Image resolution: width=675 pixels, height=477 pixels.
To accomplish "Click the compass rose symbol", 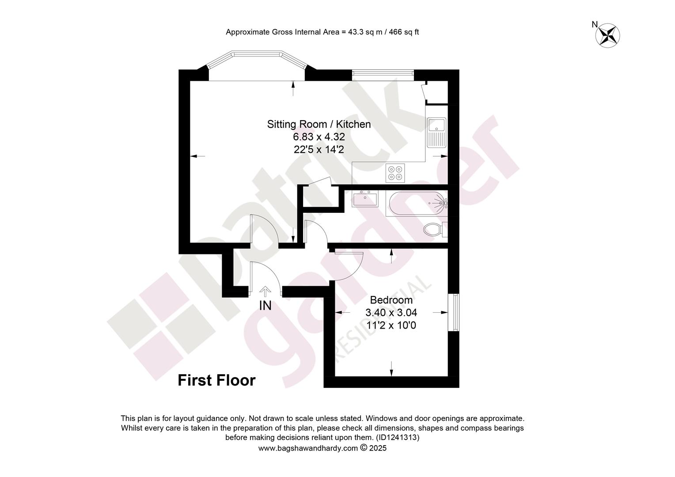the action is pos(607,36).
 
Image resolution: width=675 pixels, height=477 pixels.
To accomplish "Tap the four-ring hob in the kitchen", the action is pos(395,173).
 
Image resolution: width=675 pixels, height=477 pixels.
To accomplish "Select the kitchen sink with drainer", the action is pos(436,132).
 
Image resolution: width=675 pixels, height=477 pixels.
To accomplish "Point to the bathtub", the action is pos(417,204).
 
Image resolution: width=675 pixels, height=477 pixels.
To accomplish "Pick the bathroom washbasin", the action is pos(365,198).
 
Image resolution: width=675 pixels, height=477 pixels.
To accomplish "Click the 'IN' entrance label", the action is pos(265,306).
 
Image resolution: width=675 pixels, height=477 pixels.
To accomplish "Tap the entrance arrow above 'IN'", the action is pos(265,290).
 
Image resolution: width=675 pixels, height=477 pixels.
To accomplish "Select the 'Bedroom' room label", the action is pos(391,300).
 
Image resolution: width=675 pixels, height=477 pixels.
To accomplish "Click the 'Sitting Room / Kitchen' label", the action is pos(319,124).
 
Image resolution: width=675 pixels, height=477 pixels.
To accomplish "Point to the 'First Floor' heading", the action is pos(216,380).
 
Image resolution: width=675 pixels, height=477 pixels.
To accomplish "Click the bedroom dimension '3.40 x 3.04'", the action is pos(391,313).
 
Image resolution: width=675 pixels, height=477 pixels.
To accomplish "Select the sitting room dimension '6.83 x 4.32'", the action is pos(319,137).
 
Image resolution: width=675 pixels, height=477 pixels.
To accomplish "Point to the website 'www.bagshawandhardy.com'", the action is pos(308,448).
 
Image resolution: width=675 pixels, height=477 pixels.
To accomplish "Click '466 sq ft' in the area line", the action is pos(404,32).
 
